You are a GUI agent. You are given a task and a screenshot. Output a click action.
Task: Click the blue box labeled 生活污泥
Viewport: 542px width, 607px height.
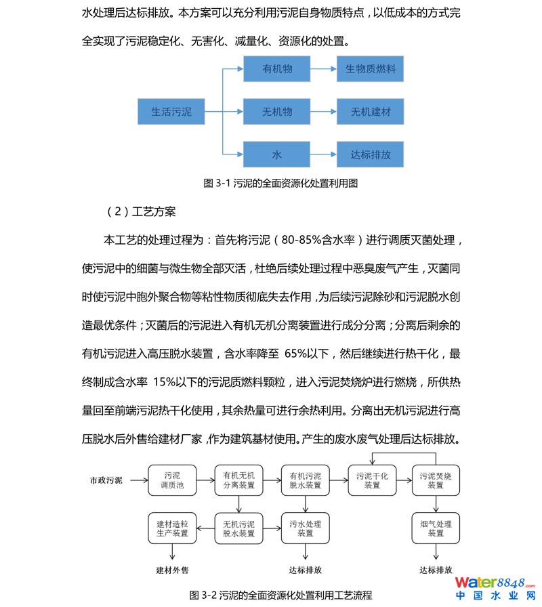(171, 112)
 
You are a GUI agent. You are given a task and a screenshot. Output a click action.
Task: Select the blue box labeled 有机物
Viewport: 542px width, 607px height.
(277, 70)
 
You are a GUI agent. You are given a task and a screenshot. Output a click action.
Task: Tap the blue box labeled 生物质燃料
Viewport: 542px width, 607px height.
(371, 70)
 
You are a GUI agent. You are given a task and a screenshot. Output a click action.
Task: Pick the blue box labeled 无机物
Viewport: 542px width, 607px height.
(277, 112)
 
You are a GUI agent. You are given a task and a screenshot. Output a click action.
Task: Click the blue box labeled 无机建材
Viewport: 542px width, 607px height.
(371, 112)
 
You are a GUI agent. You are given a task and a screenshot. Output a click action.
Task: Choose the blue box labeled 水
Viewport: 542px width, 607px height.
(277, 154)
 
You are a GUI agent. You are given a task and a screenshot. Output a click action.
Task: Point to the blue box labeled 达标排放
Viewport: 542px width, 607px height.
(371, 154)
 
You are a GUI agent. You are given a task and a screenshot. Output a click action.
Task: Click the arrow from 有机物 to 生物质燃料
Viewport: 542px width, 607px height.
(324, 70)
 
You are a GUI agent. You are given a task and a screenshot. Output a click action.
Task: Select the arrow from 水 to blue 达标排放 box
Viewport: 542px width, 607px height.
(324, 154)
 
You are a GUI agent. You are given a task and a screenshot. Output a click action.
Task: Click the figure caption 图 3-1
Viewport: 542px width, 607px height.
(280, 183)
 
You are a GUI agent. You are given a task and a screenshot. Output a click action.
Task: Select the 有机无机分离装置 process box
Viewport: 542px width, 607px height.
(238, 480)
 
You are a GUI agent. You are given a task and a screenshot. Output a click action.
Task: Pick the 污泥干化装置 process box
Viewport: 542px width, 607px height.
(372, 480)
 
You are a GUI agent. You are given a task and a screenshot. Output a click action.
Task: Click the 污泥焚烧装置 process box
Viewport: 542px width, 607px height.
(436, 480)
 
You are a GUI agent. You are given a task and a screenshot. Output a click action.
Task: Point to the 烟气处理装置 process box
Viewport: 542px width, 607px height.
(436, 528)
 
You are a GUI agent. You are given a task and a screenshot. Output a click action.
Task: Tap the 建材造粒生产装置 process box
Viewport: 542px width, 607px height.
(172, 528)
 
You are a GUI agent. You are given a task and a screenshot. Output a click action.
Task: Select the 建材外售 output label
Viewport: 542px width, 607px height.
(172, 570)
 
